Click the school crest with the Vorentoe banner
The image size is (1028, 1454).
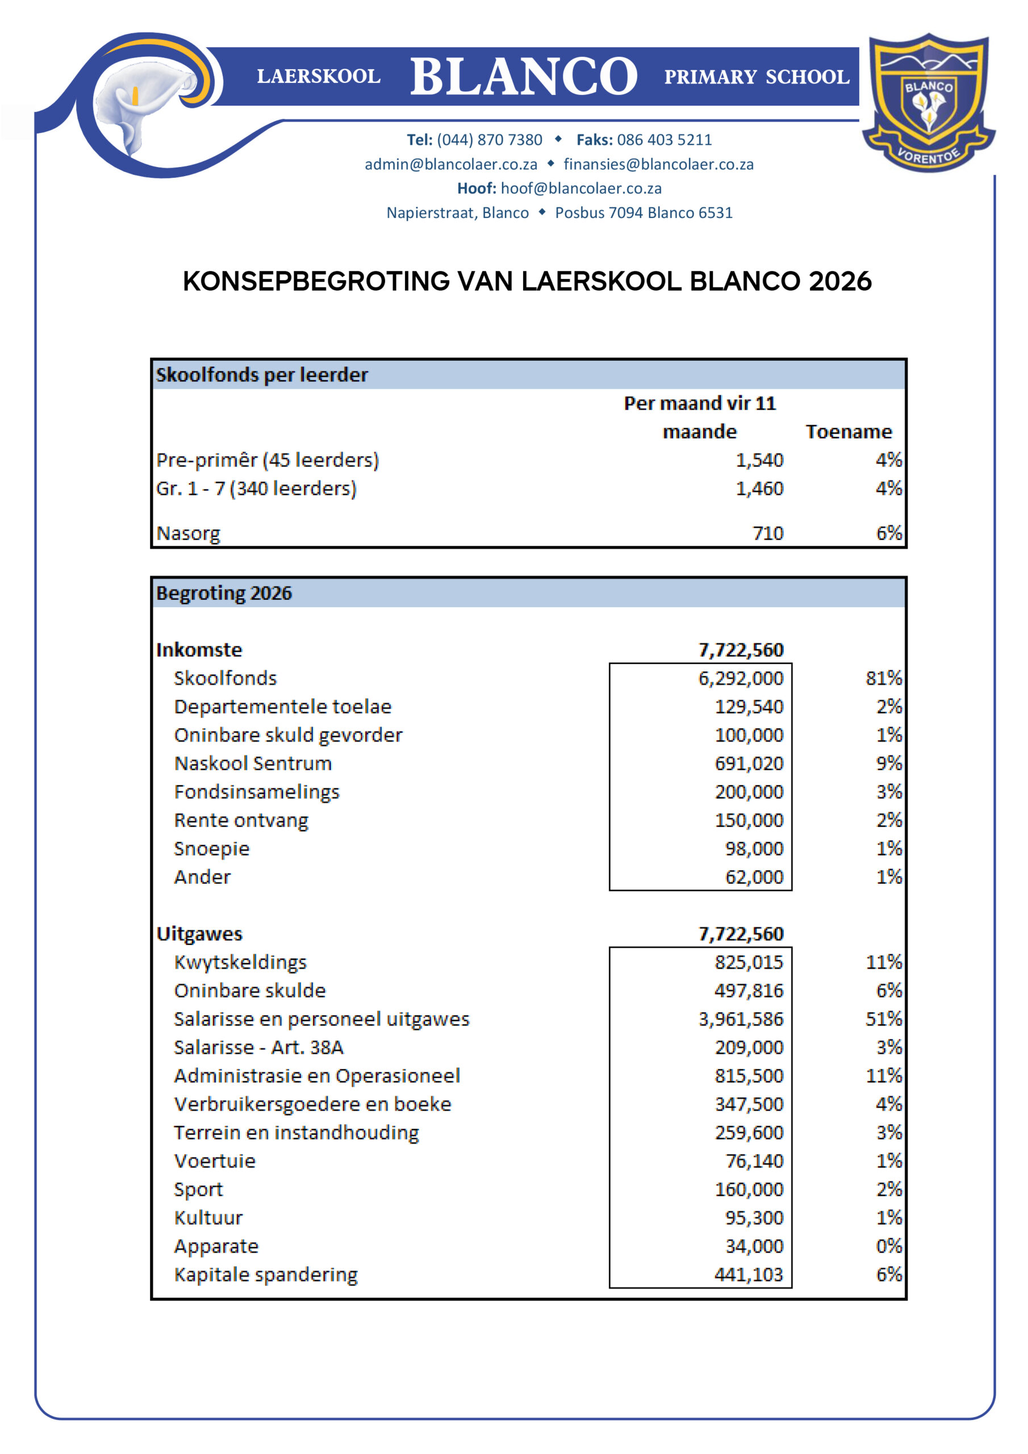pyautogui.click(x=928, y=103)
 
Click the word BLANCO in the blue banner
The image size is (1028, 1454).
pyautogui.click(x=523, y=77)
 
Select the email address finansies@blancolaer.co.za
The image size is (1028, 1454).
pyautogui.click(x=658, y=165)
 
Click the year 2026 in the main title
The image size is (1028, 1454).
pyautogui.click(x=840, y=282)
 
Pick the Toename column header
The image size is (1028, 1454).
pyautogui.click(x=848, y=432)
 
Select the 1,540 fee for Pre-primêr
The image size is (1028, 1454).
pyautogui.click(x=759, y=461)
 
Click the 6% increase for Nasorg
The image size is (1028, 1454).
pyautogui.click(x=888, y=533)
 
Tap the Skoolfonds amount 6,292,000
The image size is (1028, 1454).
pyautogui.click(x=741, y=678)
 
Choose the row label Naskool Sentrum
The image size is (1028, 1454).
pyautogui.click(x=253, y=764)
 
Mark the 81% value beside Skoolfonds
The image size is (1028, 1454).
pyautogui.click(x=883, y=678)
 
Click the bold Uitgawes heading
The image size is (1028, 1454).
pyautogui.click(x=199, y=934)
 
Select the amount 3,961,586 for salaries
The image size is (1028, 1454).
pyautogui.click(x=741, y=1019)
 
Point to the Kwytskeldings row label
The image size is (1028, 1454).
pyautogui.click(x=240, y=963)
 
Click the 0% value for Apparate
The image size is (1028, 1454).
pyautogui.click(x=888, y=1246)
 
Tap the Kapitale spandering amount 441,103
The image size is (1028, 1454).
pyautogui.click(x=749, y=1275)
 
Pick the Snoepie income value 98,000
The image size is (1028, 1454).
pyautogui.click(x=754, y=849)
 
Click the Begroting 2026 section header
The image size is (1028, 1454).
pyautogui.click(x=224, y=594)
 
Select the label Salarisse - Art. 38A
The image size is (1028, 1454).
pyautogui.click(x=258, y=1047)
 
